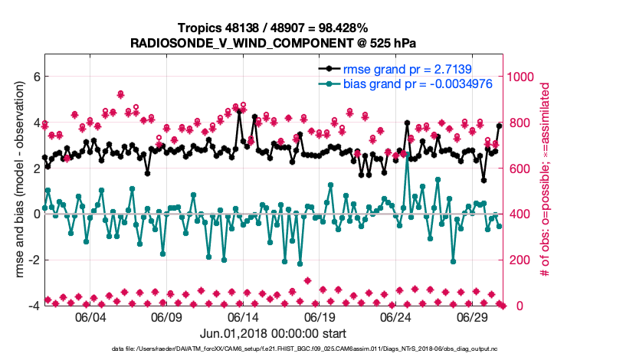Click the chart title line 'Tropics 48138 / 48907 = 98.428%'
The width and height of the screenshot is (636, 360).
tap(273, 28)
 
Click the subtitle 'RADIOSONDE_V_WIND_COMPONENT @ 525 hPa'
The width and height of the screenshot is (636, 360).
tap(273, 42)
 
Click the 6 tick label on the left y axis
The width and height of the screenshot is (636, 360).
tap(34, 77)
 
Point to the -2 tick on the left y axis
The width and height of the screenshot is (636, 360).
tap(31, 260)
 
